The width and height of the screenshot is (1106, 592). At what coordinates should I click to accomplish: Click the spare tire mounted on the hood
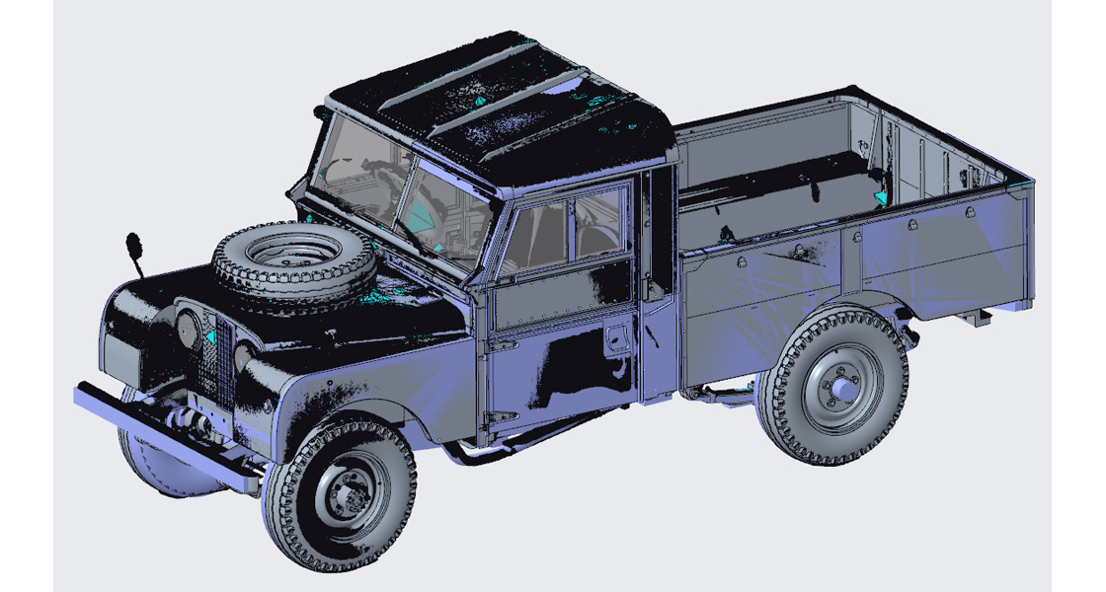pyautogui.click(x=293, y=259)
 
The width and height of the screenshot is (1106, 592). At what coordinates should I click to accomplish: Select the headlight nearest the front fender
pyautogui.click(x=243, y=356)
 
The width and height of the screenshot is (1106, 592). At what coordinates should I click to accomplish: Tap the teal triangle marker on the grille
pyautogui.click(x=210, y=337)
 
